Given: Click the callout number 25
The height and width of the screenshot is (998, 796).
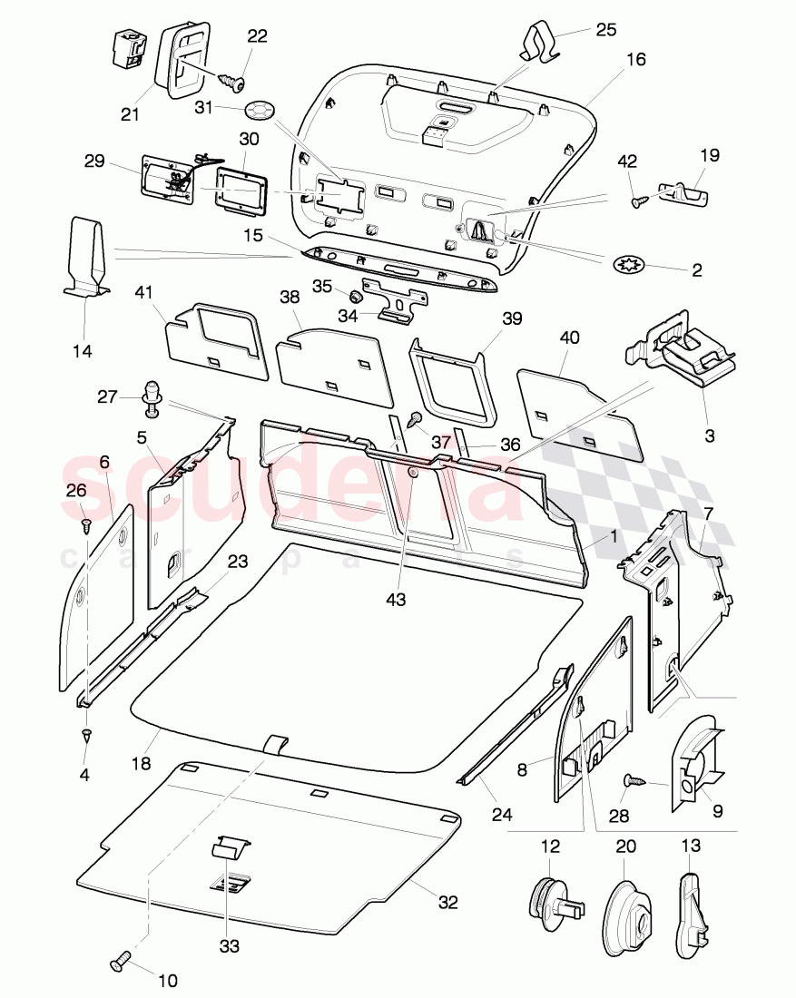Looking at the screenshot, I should coord(605,30).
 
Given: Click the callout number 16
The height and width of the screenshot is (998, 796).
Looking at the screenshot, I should coord(636,60).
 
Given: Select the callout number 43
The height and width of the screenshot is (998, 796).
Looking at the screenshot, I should coord(396,600).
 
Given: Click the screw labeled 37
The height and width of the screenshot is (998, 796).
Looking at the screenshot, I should coord(416,420).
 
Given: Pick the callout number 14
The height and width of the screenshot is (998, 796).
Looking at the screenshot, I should coord(83,351).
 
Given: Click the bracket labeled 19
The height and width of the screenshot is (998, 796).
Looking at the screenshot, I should coord(687,193).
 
